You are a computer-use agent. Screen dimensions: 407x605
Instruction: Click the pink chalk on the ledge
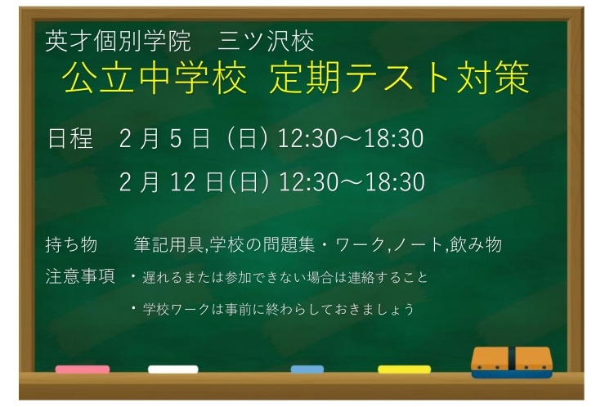82,369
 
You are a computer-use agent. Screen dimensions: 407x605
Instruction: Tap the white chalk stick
173,369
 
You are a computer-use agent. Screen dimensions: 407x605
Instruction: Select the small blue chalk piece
307,369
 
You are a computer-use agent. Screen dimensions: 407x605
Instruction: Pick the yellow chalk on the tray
404,369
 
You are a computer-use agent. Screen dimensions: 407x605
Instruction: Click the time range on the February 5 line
351,140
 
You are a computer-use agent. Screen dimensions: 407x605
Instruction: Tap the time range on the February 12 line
352,181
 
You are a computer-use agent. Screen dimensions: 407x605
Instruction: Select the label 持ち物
72,244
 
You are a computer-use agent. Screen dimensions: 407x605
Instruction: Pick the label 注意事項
80,276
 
